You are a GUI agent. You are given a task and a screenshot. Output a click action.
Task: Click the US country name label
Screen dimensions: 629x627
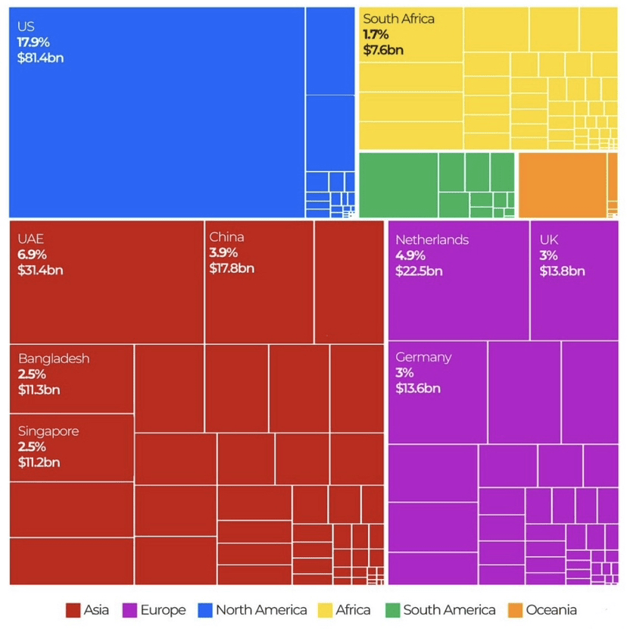(x=26, y=27)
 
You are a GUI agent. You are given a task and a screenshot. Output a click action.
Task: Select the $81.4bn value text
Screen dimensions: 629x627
(x=40, y=57)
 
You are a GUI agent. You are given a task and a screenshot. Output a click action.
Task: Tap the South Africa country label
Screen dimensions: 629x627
(x=399, y=18)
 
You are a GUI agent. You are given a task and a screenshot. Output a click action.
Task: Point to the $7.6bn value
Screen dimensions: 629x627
(x=383, y=51)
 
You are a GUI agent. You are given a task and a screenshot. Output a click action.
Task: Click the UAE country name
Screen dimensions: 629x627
(x=31, y=239)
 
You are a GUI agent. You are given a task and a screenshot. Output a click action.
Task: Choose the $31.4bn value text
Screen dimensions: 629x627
(x=40, y=271)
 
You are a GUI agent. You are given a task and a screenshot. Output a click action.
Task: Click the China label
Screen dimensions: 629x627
(x=226, y=236)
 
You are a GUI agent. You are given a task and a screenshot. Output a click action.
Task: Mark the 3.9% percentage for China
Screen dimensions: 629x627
(x=223, y=252)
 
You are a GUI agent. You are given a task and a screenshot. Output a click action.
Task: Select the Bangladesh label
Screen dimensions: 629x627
(x=54, y=358)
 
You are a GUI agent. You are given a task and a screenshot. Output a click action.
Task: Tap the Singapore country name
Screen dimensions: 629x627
(x=48, y=431)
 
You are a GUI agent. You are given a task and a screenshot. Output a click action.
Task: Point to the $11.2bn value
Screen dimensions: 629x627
(x=39, y=462)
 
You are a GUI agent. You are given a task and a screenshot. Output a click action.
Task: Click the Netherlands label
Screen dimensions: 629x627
(x=432, y=239)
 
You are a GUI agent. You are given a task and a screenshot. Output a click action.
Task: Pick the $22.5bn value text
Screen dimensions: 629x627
(x=419, y=271)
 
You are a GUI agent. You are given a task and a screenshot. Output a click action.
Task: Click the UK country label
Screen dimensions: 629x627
(x=549, y=239)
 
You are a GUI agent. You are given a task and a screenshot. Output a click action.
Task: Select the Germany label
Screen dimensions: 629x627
(x=423, y=357)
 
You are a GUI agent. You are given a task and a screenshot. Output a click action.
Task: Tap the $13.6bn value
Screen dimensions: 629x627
(x=418, y=388)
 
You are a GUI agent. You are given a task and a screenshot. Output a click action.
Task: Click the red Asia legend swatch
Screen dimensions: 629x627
(x=73, y=610)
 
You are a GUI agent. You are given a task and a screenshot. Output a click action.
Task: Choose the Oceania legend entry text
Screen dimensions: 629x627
(x=551, y=610)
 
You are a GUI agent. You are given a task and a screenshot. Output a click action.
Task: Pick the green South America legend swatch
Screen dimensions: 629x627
(x=392, y=610)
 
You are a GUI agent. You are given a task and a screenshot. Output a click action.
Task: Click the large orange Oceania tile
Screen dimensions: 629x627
(x=562, y=185)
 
